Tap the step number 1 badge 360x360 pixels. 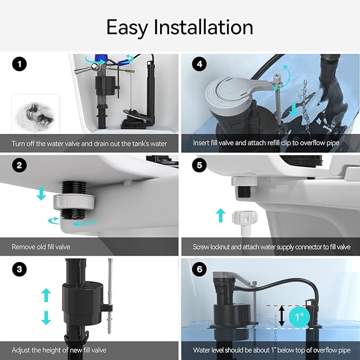click(x=20, y=65)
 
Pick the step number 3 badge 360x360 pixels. click(x=20, y=269)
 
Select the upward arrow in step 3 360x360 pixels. click(x=47, y=295)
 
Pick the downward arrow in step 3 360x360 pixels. click(x=47, y=317)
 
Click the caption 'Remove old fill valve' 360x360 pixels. click(x=42, y=247)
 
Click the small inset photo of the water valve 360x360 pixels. click(x=29, y=113)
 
